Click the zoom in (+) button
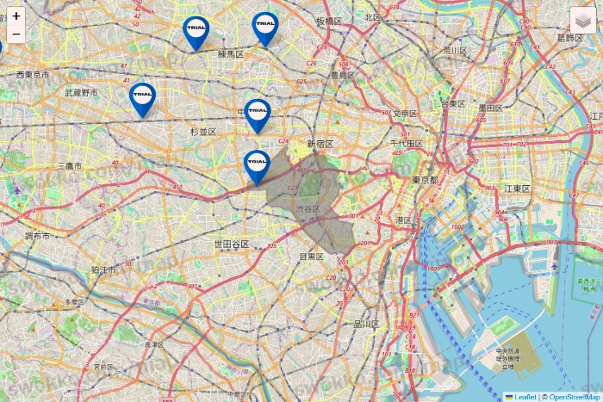click(x=16, y=15)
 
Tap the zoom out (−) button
click(x=16, y=34)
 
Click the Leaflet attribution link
click(x=525, y=397)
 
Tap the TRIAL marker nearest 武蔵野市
click(x=142, y=97)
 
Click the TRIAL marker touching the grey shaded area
click(x=257, y=165)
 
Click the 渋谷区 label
click(x=308, y=209)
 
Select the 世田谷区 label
click(x=232, y=244)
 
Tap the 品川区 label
click(x=366, y=325)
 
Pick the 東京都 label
click(x=425, y=180)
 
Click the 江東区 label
click(x=518, y=189)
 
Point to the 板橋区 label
click(x=328, y=21)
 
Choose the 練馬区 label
click(x=231, y=54)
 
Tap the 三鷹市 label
click(x=68, y=165)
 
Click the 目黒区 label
click(x=310, y=257)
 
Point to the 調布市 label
click(x=38, y=235)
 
